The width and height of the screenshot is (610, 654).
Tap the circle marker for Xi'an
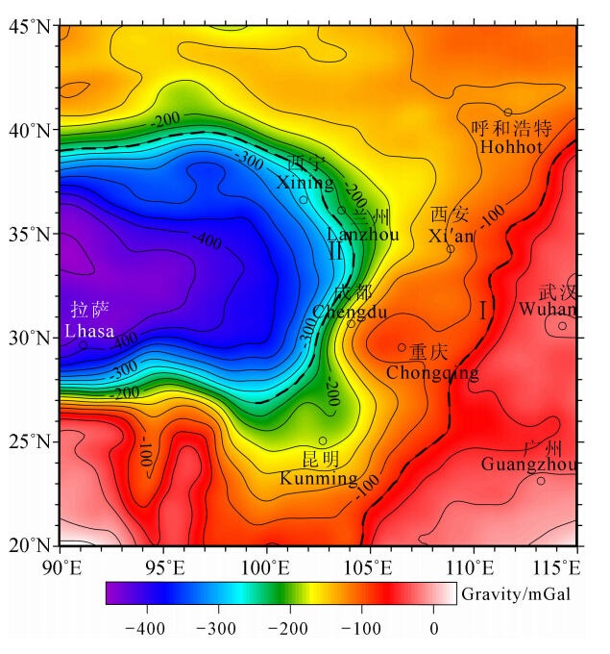point(451,249)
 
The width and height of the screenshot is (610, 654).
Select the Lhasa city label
point(89,331)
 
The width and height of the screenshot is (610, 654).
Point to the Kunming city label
point(319,478)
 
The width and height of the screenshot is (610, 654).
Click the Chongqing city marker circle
point(402,348)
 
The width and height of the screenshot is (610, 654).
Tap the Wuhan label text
point(548,310)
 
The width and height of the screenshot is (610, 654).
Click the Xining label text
point(305,183)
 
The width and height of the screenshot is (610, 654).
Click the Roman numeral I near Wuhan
point(482,310)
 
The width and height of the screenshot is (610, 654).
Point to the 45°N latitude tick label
point(31,26)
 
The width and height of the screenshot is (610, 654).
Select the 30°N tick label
point(31,338)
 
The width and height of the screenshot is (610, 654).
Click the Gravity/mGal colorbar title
point(516,593)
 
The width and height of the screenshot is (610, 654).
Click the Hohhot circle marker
point(508,113)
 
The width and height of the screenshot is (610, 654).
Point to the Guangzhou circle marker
point(541,481)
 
